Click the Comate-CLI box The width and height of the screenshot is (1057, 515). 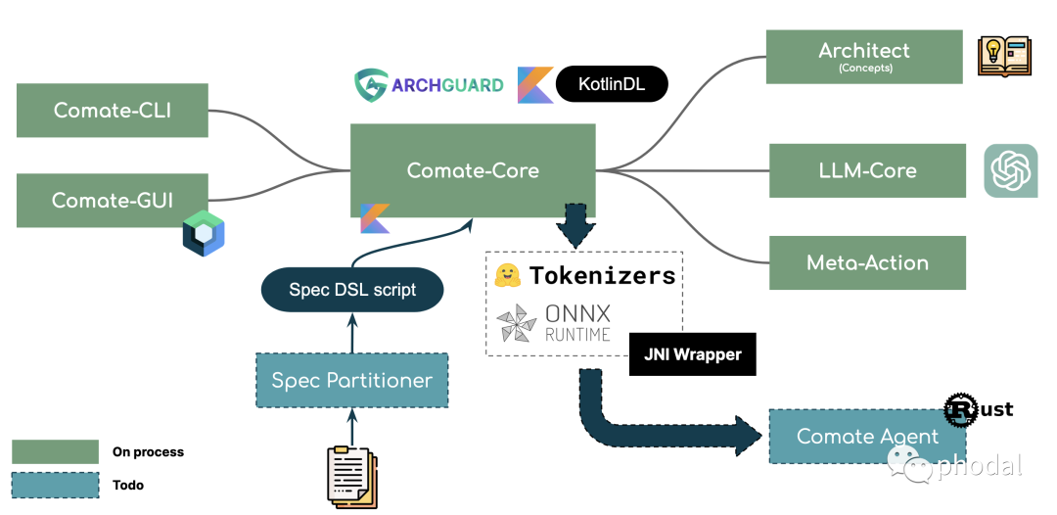click(x=113, y=111)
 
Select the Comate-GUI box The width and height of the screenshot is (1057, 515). click(x=113, y=201)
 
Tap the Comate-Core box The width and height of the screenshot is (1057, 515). click(x=473, y=170)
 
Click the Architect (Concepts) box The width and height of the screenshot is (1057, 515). click(x=863, y=56)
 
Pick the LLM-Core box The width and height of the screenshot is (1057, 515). click(x=867, y=170)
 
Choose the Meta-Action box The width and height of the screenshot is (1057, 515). click(x=867, y=262)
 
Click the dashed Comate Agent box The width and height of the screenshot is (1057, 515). click(x=867, y=437)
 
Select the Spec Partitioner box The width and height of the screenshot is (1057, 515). click(x=351, y=380)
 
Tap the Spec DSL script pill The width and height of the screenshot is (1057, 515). click(x=352, y=290)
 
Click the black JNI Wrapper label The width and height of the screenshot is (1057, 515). click(x=692, y=355)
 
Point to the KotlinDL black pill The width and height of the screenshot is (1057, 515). click(x=612, y=84)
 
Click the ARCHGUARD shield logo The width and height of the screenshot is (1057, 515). click(x=370, y=85)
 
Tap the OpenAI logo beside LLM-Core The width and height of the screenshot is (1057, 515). click(x=1010, y=171)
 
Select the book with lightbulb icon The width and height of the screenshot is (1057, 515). click(x=1004, y=56)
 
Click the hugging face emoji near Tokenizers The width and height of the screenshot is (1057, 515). click(x=507, y=276)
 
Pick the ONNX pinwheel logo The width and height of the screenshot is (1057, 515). click(x=516, y=324)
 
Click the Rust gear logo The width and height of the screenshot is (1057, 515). click(x=960, y=410)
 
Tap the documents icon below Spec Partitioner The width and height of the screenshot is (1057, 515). click(x=351, y=476)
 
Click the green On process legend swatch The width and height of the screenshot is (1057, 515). click(x=55, y=451)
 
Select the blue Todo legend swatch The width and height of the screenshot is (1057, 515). click(x=55, y=485)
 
